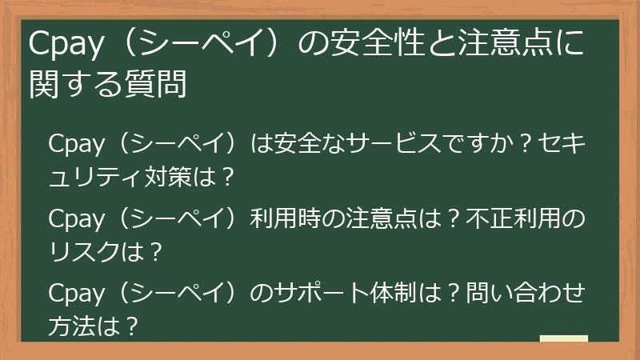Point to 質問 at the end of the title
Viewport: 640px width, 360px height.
(x=165, y=86)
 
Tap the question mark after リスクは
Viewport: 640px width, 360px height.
(x=155, y=250)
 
